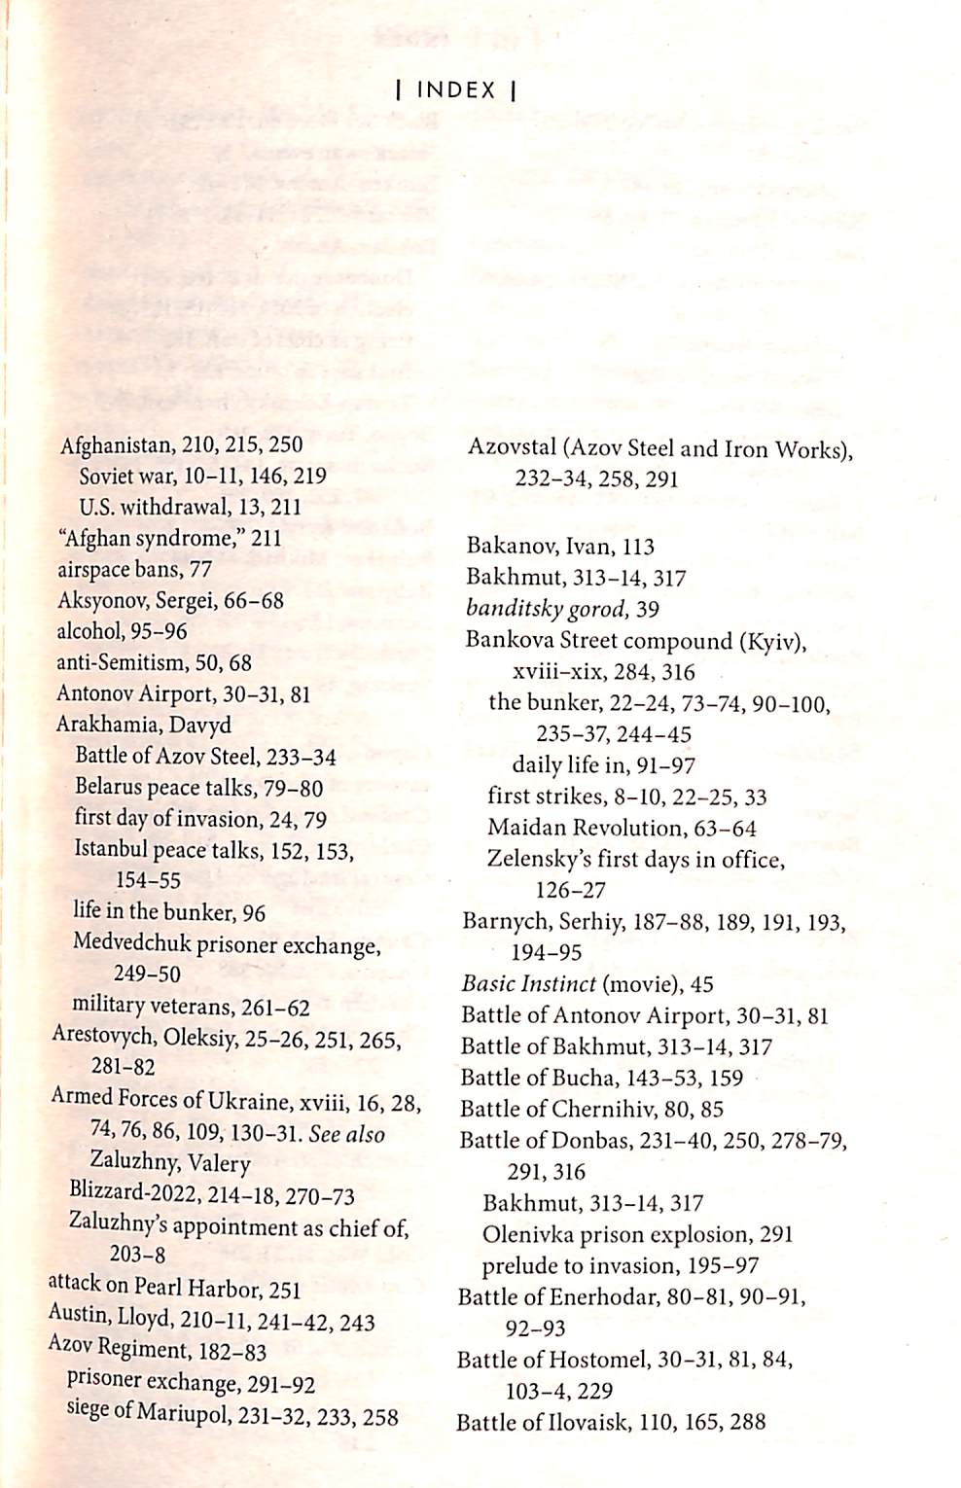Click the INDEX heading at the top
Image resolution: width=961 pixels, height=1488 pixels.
[x=456, y=90]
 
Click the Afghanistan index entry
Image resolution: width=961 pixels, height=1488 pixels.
[x=181, y=445]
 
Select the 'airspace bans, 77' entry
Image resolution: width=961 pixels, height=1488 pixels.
[x=134, y=569]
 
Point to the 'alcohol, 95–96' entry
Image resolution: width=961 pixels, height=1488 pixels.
[x=122, y=631]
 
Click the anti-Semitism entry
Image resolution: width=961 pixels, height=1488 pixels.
[x=154, y=662]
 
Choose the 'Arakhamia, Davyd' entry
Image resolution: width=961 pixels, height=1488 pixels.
[x=144, y=725]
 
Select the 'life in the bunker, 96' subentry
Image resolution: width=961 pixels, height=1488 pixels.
[x=169, y=911]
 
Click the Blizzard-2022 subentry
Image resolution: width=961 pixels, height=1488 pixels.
[x=211, y=1195]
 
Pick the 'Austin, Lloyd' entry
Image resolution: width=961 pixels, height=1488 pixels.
[x=211, y=1319]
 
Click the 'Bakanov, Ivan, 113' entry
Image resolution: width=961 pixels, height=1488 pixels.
[x=560, y=547]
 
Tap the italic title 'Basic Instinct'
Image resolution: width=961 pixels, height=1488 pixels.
[x=529, y=984]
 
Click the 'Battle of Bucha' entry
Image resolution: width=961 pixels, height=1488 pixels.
[x=601, y=1078]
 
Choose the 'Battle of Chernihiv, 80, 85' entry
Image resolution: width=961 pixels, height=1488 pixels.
[x=591, y=1109]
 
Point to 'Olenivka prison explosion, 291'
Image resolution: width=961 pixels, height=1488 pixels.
[x=637, y=1234]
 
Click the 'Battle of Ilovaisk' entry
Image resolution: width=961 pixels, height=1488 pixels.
[x=611, y=1422]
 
